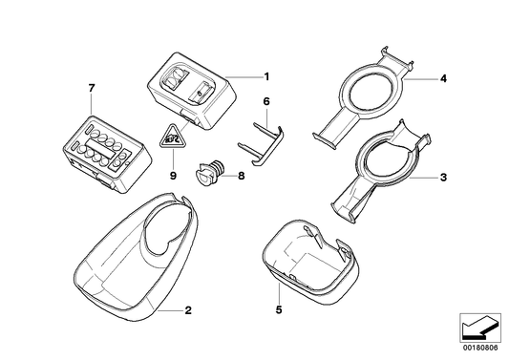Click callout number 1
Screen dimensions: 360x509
(x=267, y=75)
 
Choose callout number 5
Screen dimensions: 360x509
(x=278, y=309)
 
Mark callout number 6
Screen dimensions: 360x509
(x=267, y=100)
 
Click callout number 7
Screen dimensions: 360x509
(x=93, y=89)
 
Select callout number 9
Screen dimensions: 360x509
(x=173, y=176)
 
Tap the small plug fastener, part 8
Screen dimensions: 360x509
(x=208, y=176)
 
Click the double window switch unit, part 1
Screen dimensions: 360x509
(x=192, y=93)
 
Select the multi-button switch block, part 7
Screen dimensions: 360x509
(x=105, y=146)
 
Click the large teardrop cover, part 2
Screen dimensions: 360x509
(x=134, y=258)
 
